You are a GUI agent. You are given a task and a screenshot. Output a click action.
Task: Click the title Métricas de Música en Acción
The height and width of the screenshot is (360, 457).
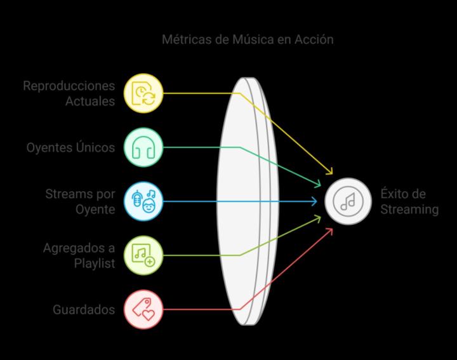point(248,39)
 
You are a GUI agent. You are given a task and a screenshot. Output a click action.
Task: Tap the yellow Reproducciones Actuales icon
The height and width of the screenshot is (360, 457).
point(144,93)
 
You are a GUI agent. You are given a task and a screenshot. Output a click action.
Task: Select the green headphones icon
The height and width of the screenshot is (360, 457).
point(144,147)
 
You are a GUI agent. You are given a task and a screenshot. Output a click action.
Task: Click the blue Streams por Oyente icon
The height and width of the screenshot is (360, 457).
point(144,201)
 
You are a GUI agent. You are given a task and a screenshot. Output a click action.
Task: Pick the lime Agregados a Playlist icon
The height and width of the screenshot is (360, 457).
point(144,255)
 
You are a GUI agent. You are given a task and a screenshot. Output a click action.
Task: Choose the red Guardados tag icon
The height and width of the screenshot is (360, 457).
point(144,309)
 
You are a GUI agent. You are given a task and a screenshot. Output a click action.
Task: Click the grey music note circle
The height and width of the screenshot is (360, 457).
point(348,201)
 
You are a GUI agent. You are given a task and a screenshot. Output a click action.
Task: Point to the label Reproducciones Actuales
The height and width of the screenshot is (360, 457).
point(69,93)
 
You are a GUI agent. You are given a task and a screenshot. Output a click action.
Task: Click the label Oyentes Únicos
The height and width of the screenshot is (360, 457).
point(70,147)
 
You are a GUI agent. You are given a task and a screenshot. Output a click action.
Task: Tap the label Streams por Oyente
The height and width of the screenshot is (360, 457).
point(80,201)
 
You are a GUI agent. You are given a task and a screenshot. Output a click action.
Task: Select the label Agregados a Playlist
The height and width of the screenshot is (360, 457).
point(79,255)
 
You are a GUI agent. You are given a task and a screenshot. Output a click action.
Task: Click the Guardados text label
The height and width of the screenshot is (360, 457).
point(84,310)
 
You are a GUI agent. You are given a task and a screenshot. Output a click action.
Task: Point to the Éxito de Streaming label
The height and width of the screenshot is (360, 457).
point(409,201)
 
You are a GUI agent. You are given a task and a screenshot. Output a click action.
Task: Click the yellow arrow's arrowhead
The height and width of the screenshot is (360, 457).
point(330,172)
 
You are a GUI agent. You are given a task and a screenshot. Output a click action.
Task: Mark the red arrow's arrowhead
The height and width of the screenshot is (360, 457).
point(331,230)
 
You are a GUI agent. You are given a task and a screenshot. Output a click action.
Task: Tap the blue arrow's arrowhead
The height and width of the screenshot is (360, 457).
point(315,201)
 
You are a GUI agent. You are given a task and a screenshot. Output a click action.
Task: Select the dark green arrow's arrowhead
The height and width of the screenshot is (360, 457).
point(319,185)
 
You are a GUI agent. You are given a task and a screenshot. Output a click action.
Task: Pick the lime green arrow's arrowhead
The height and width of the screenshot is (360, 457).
point(319,218)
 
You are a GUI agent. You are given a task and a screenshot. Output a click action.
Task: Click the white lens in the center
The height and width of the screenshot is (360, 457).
point(244,201)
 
